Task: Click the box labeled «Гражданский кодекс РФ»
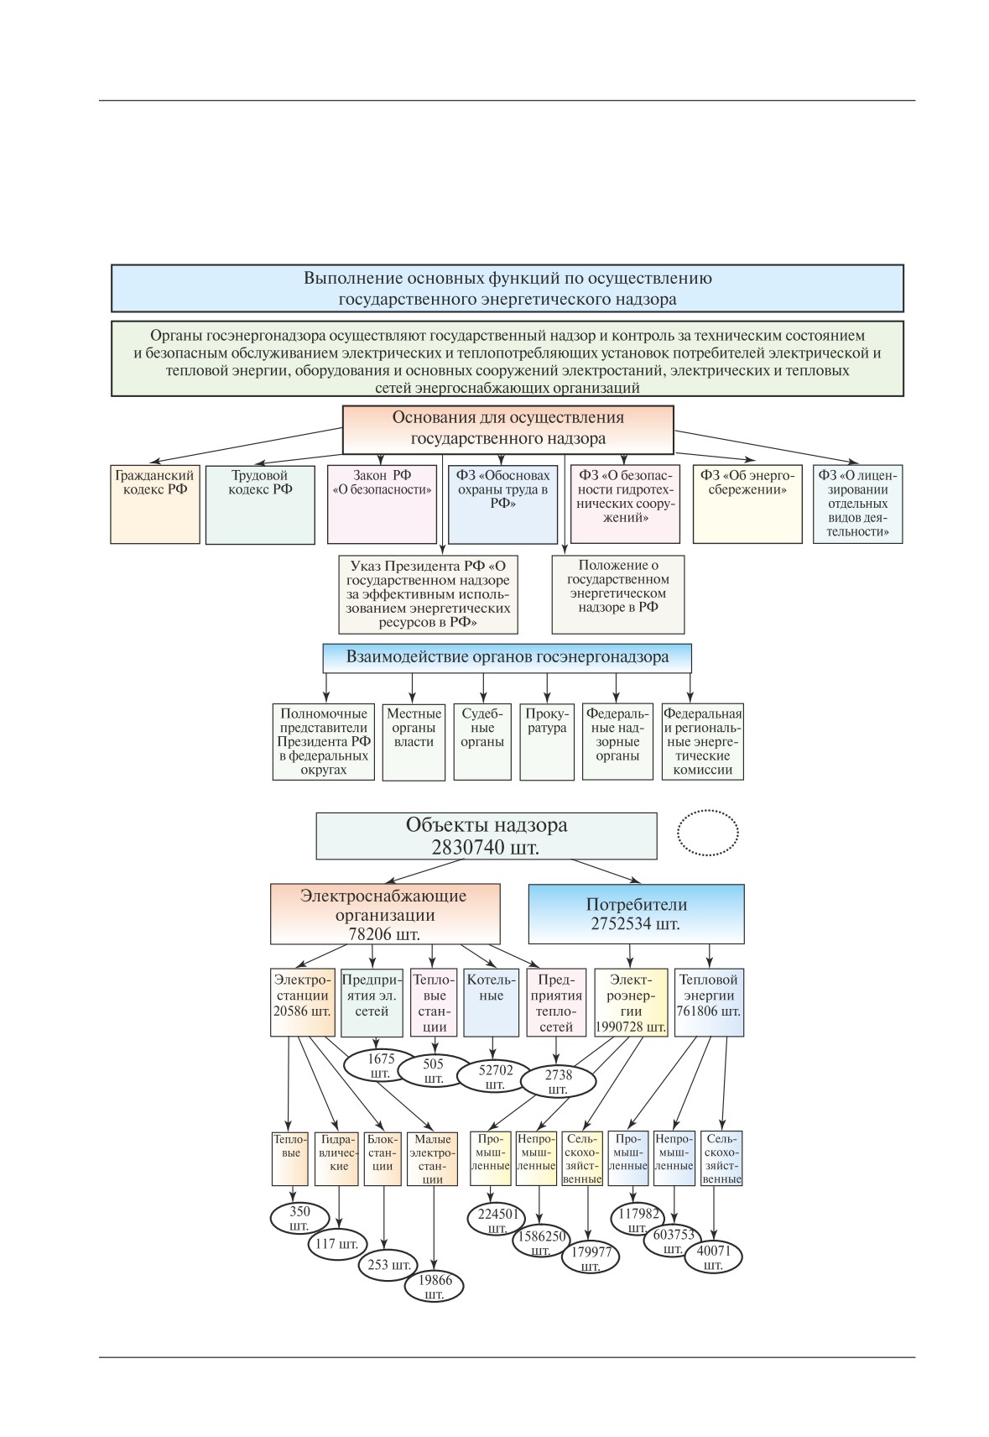pos(155,504)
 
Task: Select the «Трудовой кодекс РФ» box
pos(260,504)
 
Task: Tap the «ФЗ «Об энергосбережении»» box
pos(747,504)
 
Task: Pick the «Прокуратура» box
pos(547,742)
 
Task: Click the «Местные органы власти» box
pos(414,742)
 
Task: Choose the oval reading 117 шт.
pos(338,1244)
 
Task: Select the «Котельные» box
pos(491,1003)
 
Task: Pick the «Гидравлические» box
pos(336,1158)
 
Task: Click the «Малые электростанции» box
pos(432,1158)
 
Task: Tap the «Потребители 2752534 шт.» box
pos(637,914)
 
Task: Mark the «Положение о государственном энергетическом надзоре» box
pos(618,594)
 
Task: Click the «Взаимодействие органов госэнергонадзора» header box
pos(507,658)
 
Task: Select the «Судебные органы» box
pos(482,742)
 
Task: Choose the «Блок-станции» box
pos(382,1158)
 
